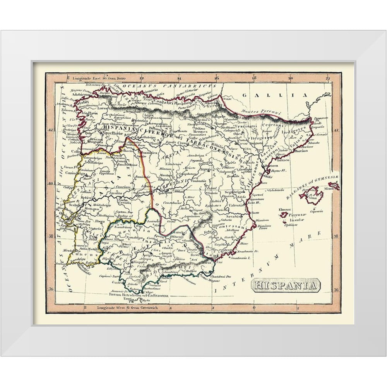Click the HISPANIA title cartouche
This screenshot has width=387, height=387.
pyautogui.click(x=286, y=286)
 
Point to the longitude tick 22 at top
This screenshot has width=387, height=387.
pyautogui.click(x=328, y=78)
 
